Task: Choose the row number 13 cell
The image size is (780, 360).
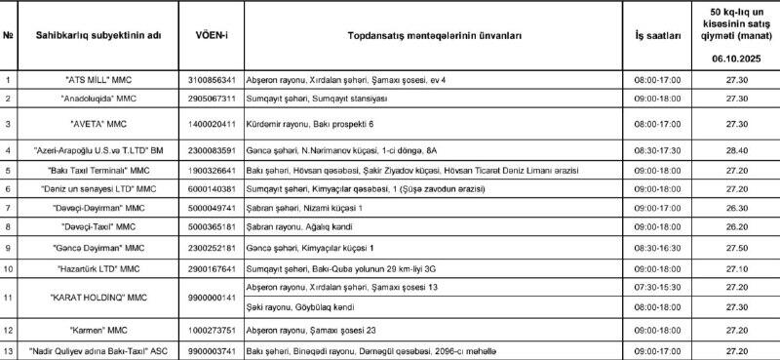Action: tap(9, 349)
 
